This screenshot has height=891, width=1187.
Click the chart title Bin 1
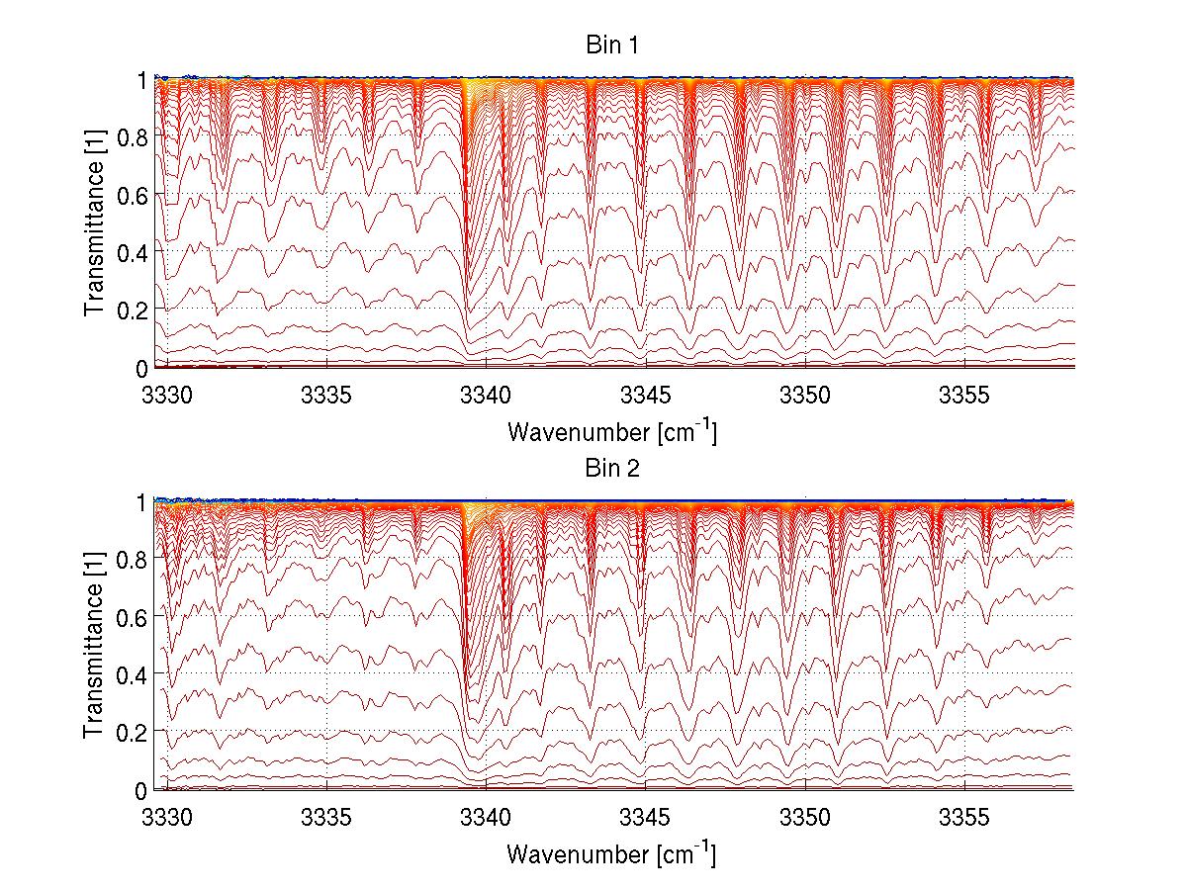pyautogui.click(x=610, y=45)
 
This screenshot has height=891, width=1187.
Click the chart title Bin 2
pyautogui.click(x=610, y=469)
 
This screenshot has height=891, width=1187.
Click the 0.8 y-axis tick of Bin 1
pyautogui.click(x=134, y=136)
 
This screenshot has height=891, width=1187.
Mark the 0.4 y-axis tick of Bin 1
pyautogui.click(x=134, y=252)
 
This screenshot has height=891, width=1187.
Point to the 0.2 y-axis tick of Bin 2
pyautogui.click(x=134, y=733)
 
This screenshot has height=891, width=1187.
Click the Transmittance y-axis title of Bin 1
pyautogui.click(x=95, y=223)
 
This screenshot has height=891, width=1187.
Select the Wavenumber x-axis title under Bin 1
pyautogui.click(x=610, y=431)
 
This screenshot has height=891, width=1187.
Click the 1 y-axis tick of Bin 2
pyautogui.click(x=142, y=501)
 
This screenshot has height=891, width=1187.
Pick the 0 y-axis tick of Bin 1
pyautogui.click(x=142, y=368)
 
